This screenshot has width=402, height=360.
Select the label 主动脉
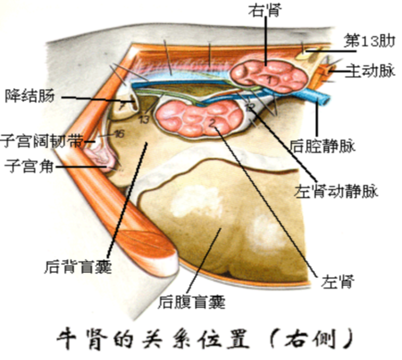click(370, 71)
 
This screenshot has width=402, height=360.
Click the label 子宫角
click(28, 166)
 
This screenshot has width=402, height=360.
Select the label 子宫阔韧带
click(39, 141)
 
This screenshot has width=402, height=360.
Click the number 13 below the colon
click(144, 118)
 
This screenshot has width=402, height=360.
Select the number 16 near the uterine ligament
click(119, 134)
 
